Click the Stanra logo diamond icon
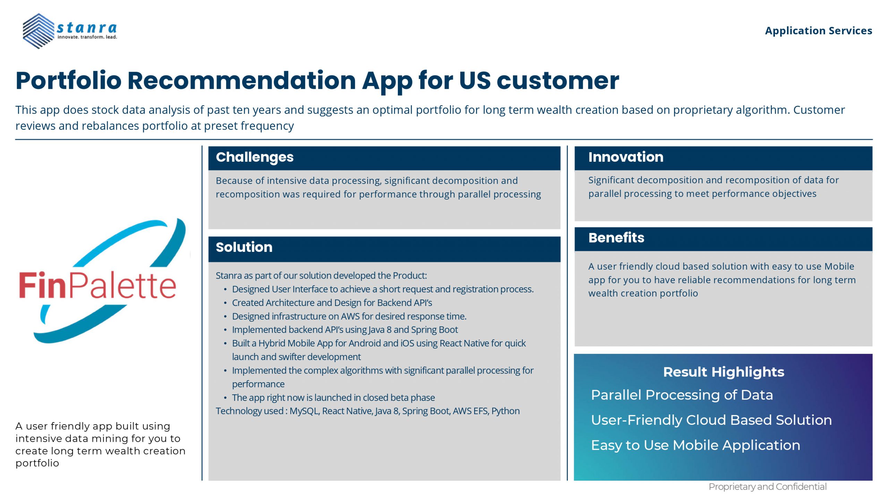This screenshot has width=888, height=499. (x=38, y=31)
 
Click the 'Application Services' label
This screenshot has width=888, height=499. (x=818, y=30)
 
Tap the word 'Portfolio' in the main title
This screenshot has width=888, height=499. (x=68, y=81)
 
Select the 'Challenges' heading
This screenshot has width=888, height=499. (x=255, y=157)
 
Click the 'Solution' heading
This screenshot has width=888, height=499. (x=244, y=247)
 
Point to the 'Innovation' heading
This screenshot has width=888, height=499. (x=626, y=157)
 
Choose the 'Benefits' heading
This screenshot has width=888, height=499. (x=616, y=238)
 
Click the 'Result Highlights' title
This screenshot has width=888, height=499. (x=724, y=372)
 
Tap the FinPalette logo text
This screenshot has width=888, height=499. (x=97, y=285)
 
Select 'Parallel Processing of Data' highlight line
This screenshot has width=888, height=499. (x=682, y=395)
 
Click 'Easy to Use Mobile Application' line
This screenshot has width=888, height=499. (x=695, y=445)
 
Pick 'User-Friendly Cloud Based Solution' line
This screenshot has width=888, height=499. (x=711, y=420)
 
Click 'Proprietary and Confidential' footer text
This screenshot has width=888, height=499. (x=767, y=487)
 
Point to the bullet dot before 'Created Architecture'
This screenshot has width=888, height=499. (x=225, y=303)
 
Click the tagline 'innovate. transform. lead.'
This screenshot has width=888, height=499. (x=87, y=37)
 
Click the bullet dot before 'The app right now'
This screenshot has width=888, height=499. (x=225, y=398)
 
